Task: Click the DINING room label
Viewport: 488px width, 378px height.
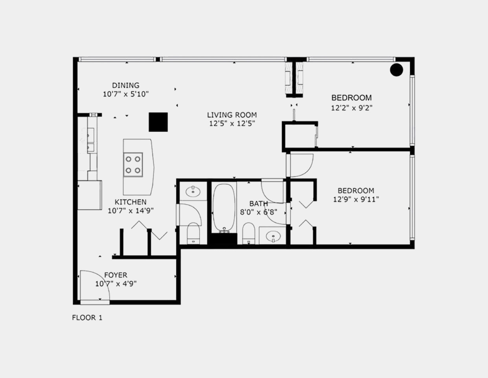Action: tap(126, 85)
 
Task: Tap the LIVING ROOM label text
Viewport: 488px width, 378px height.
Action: tap(232, 115)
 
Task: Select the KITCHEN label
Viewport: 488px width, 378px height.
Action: tap(130, 202)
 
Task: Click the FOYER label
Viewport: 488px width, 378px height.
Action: tap(116, 275)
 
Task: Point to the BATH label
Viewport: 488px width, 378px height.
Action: tap(259, 204)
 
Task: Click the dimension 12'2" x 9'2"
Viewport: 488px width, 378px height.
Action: tap(352, 108)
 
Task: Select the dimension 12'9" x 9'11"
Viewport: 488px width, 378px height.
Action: tap(356, 199)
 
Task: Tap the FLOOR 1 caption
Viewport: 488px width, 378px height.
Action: tap(87, 318)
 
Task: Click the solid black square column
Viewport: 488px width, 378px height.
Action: tap(158, 122)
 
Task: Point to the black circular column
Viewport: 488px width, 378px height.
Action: tap(396, 70)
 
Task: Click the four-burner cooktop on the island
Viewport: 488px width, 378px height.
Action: tap(133, 165)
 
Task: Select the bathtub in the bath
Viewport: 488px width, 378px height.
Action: tap(224, 208)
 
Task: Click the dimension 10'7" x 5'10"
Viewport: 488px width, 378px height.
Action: tap(126, 94)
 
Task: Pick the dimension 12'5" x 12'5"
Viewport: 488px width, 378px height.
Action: tap(232, 124)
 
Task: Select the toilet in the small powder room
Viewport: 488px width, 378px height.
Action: tap(193, 233)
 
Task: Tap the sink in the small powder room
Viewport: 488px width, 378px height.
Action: tap(193, 192)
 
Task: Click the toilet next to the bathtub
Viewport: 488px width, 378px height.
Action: tap(249, 233)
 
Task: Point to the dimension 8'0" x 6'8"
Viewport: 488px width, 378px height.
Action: tap(259, 212)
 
